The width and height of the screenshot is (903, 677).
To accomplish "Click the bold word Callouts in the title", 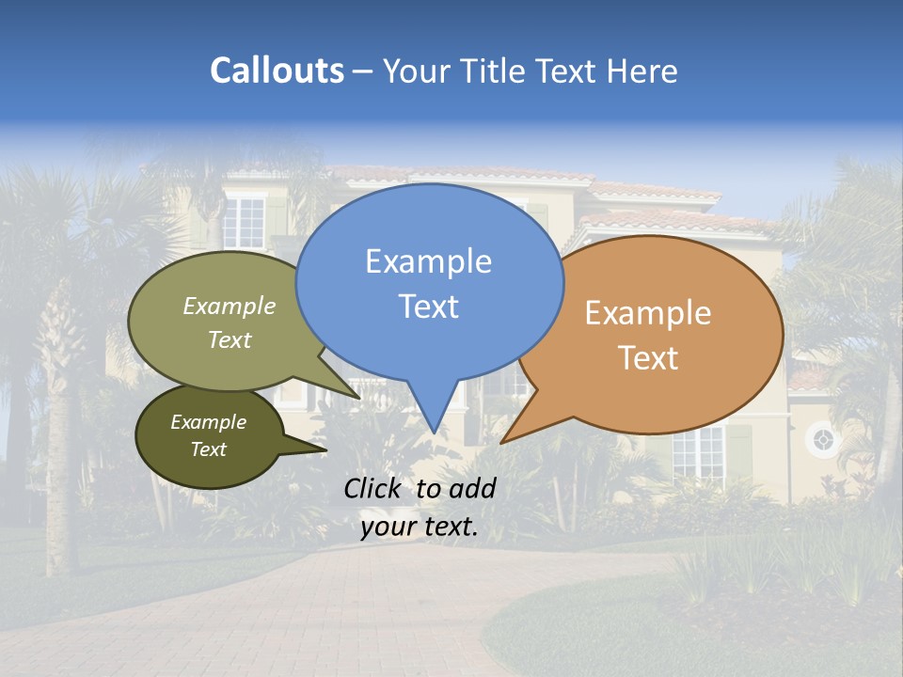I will [277, 71].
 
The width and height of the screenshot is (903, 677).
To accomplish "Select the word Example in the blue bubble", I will [428, 261].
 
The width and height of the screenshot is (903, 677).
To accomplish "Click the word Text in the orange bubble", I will [648, 357].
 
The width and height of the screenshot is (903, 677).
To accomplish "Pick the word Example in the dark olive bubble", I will [208, 422].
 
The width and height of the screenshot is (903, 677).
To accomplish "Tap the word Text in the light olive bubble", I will [230, 339].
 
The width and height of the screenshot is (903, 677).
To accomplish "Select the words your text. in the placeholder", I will [419, 527].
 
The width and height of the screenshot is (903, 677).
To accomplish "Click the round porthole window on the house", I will [823, 439].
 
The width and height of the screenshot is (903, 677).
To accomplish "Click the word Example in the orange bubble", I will [648, 313].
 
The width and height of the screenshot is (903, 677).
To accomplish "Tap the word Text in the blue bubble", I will [428, 307].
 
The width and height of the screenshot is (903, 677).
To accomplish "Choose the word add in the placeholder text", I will [471, 488].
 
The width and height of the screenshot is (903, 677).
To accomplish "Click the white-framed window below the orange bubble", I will [698, 452].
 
